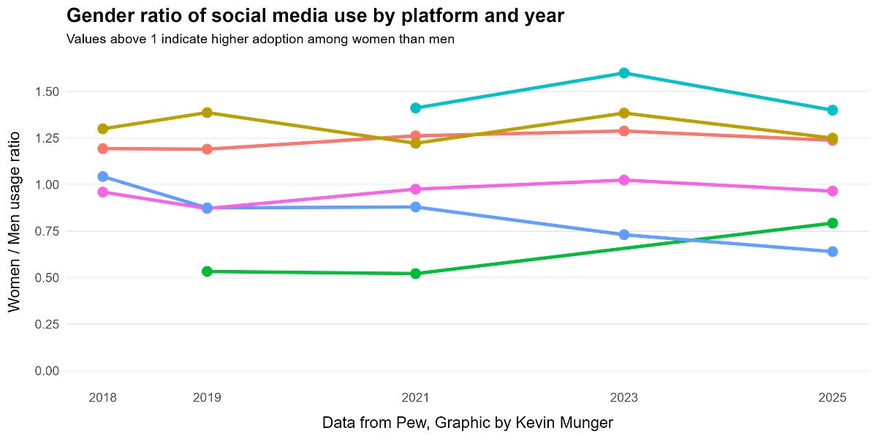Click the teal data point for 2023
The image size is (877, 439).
click(x=624, y=73)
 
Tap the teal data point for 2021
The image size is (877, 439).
click(x=416, y=108)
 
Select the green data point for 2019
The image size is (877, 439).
click(x=207, y=271)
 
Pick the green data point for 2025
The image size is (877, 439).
click(x=832, y=223)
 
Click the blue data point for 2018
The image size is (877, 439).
click(x=103, y=176)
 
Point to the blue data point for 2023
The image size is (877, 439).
click(x=624, y=235)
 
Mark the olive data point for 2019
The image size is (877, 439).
click(x=207, y=113)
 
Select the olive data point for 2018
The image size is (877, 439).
click(x=103, y=129)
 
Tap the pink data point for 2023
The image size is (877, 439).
click(x=624, y=180)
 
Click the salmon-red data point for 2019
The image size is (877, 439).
click(x=207, y=149)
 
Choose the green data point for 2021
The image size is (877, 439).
click(x=416, y=274)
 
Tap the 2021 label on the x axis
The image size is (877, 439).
click(x=416, y=399)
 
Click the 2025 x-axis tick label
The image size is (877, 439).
click(x=832, y=399)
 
